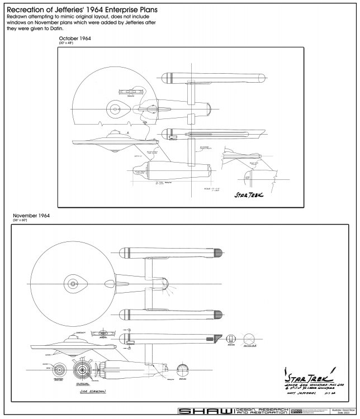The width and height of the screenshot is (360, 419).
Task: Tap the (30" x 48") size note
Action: (67, 43)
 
